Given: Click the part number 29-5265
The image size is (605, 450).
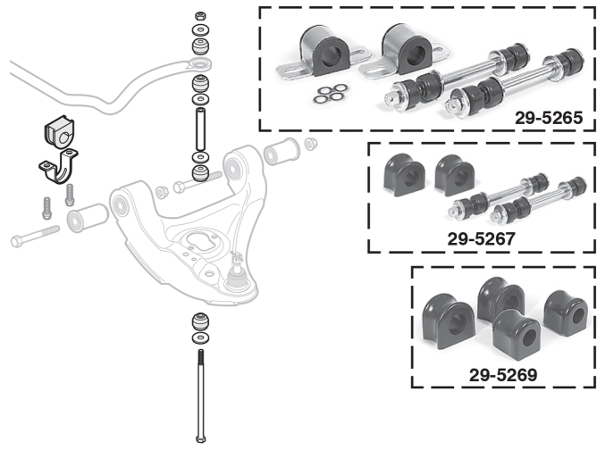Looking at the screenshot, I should click(x=547, y=117).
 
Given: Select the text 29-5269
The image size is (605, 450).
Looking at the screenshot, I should click(x=503, y=375).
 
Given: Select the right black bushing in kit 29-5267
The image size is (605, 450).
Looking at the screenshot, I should click(x=450, y=173).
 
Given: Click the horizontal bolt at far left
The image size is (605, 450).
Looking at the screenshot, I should click(x=34, y=237).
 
